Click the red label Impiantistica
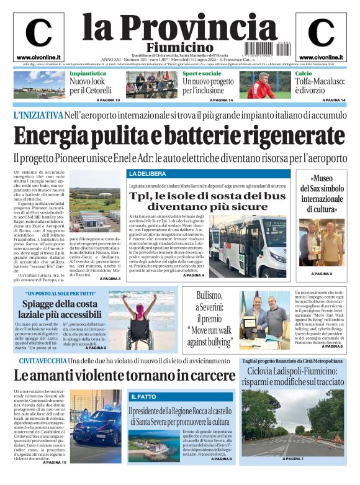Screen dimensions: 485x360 [88, 73]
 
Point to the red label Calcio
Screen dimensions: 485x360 [303, 73]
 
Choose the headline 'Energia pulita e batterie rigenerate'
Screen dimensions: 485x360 [179, 135]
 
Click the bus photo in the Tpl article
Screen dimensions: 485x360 [248, 237]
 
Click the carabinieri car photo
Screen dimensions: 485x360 [95, 426]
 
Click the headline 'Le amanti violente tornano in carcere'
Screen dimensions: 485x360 [124, 376]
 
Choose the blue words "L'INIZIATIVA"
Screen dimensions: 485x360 [38, 115]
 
